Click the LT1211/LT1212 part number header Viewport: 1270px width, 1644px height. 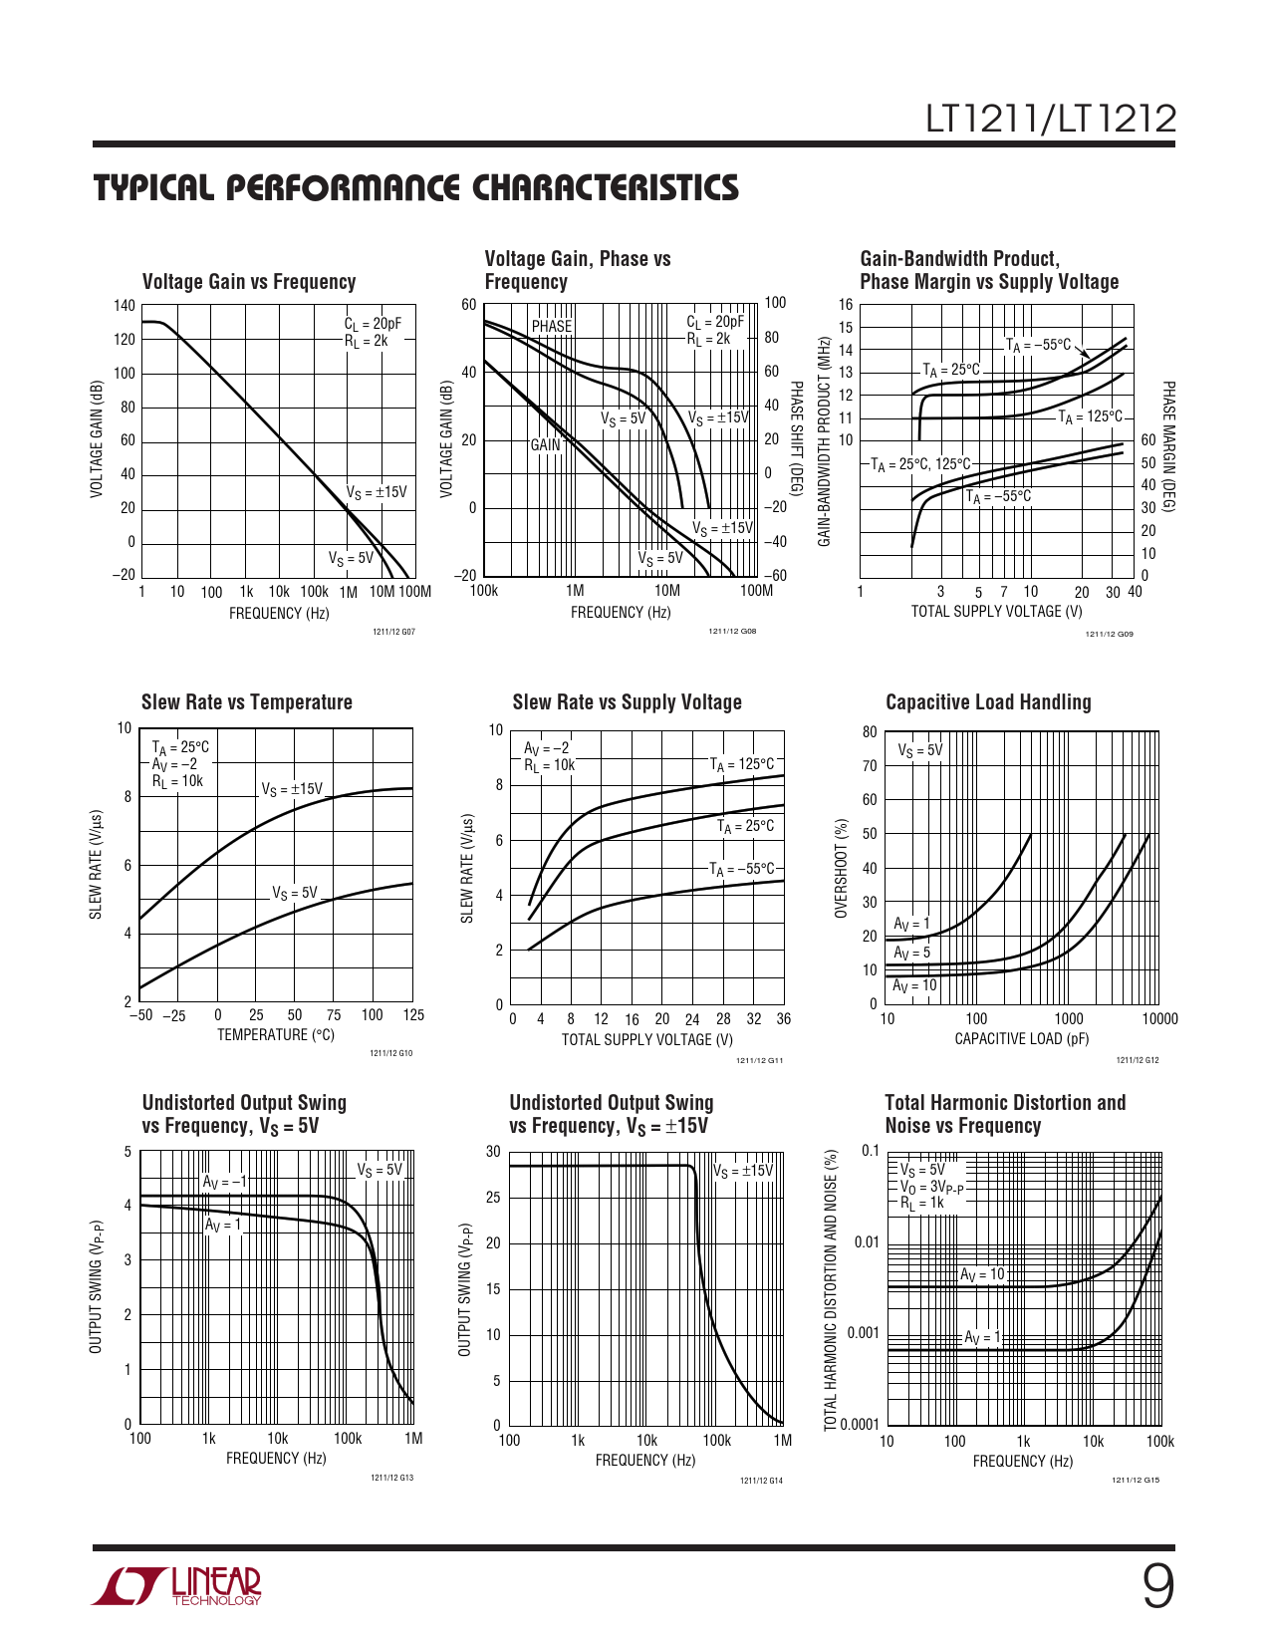tap(1051, 120)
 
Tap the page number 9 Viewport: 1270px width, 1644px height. tap(1156, 1586)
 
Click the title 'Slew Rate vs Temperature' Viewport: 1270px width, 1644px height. tap(247, 702)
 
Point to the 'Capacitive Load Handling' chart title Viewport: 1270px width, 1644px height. tap(988, 702)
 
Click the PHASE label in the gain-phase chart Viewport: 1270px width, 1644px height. tap(552, 326)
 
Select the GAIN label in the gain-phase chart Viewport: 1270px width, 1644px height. tap(545, 444)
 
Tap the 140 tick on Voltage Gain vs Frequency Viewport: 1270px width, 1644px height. tap(124, 306)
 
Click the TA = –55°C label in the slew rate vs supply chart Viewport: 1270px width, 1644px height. tap(741, 869)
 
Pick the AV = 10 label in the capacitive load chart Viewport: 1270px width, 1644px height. tap(914, 985)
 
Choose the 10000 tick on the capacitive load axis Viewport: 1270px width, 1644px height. tap(1159, 1018)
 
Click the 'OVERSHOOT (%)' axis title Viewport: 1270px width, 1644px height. tap(842, 868)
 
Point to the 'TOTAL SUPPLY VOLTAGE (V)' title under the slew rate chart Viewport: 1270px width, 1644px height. tap(647, 1039)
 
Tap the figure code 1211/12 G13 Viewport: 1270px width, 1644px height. tap(391, 1478)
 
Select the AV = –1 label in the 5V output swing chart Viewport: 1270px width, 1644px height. tap(223, 1182)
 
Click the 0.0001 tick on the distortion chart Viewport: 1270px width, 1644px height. tap(860, 1424)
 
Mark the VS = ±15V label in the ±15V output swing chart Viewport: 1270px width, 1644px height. tap(743, 1170)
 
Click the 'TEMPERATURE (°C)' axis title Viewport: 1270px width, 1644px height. tap(276, 1035)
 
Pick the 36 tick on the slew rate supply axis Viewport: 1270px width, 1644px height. tap(784, 1019)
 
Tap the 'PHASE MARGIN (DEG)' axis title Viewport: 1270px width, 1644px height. tap(1168, 446)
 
